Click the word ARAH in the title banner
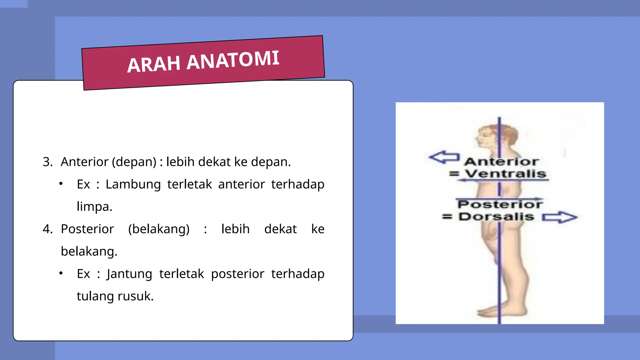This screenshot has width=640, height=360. tap(154, 64)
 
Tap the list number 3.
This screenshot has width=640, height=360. tap(47, 162)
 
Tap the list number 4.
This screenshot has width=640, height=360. tap(47, 229)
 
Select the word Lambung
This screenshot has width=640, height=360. tap(133, 184)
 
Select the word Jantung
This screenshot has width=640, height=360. tap(129, 274)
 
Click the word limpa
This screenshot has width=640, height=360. tap(94, 207)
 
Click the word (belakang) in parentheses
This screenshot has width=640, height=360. tap(159, 229)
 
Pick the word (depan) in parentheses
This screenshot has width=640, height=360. tap(134, 162)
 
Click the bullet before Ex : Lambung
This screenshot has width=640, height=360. tap(61, 184)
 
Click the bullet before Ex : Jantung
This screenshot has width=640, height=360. tap(61, 273)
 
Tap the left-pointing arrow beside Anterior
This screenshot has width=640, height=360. tap(444, 157)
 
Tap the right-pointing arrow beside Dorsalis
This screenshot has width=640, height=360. tap(559, 217)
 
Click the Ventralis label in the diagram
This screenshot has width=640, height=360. tap(505, 173)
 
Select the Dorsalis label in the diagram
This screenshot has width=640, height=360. tap(496, 217)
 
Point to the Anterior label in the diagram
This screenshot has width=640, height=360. tap(502, 162)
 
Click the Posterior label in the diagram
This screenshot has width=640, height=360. tap(500, 204)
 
